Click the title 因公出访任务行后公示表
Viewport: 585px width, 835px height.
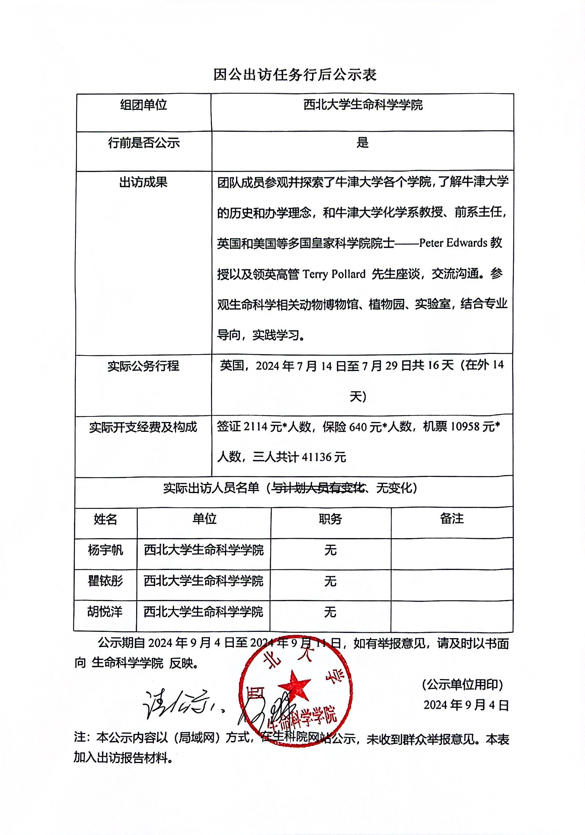(295, 75)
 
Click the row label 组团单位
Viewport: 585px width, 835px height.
(144, 105)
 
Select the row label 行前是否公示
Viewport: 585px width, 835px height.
(144, 143)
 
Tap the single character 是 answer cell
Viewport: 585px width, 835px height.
(362, 143)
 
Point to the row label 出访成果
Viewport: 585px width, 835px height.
(144, 182)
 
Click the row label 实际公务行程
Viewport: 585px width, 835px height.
(144, 365)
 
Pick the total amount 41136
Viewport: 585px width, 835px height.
(316, 457)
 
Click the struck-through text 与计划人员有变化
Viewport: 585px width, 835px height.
(319, 488)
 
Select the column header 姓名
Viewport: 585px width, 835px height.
(105, 519)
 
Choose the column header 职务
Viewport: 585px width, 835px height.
(330, 519)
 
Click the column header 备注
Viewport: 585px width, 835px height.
(452, 519)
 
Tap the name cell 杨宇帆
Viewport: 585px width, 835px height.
(105, 550)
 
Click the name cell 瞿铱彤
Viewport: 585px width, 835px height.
(105, 581)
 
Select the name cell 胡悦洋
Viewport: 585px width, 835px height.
(105, 612)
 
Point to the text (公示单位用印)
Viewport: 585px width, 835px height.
(462, 684)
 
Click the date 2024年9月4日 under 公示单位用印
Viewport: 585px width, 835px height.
(466, 705)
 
